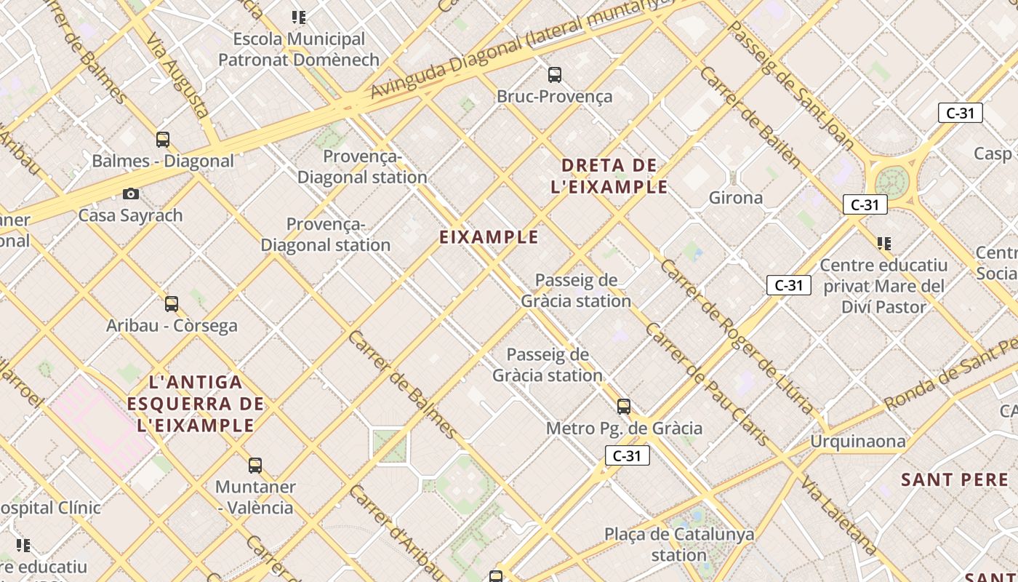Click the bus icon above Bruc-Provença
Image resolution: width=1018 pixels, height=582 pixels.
[x=555, y=74]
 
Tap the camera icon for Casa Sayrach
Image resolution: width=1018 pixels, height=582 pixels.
[x=131, y=194]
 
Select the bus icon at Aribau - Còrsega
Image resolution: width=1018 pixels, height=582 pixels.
[x=172, y=303]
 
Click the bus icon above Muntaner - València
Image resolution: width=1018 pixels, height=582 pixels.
[x=254, y=465]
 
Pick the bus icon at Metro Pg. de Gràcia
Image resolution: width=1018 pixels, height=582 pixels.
[x=624, y=406]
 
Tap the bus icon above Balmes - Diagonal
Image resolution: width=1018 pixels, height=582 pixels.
[x=163, y=139]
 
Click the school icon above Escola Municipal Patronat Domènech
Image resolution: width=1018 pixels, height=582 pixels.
[x=298, y=17]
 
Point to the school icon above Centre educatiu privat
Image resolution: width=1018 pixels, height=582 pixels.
[x=884, y=243]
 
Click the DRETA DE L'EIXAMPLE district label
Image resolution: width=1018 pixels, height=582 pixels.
[x=609, y=176]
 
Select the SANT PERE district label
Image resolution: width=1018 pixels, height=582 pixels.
[x=955, y=480]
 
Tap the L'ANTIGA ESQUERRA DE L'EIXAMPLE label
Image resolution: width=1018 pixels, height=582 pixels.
[x=196, y=403]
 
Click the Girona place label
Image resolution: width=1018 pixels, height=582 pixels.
[x=736, y=198]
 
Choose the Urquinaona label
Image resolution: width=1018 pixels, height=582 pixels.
[x=858, y=442]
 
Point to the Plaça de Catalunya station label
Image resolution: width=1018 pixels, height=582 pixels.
[x=679, y=545]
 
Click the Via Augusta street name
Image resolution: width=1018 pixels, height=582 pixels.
[x=178, y=76]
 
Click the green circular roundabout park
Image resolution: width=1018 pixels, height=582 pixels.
[x=892, y=182]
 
